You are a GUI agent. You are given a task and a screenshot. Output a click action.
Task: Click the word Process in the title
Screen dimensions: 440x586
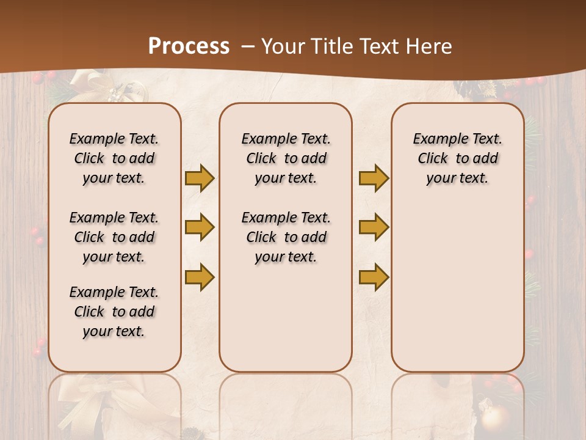click(x=189, y=46)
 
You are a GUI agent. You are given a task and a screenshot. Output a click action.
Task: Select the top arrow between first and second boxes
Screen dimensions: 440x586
click(x=199, y=178)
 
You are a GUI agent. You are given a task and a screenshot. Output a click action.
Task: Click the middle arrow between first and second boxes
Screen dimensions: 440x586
click(x=199, y=227)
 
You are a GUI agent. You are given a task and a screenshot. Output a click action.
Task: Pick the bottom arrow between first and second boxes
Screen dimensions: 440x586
click(x=199, y=277)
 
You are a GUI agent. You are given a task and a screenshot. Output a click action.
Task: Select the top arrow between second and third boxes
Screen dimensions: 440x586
click(x=374, y=178)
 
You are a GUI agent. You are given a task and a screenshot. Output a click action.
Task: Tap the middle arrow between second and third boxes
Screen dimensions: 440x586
click(x=374, y=227)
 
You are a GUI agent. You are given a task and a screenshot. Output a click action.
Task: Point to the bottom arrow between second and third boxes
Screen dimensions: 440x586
click(x=374, y=277)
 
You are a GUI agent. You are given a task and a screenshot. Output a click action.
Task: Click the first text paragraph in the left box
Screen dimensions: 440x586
click(x=114, y=158)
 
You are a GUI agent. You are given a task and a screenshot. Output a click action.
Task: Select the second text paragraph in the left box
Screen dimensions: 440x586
click(x=114, y=237)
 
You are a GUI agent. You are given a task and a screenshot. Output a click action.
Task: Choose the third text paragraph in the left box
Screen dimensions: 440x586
click(x=114, y=312)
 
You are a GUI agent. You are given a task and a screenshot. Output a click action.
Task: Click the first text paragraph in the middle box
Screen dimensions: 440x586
click(x=286, y=158)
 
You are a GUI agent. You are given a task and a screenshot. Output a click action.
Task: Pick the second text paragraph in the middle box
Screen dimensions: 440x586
click(x=286, y=237)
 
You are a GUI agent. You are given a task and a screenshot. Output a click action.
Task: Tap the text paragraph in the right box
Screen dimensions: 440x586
click(x=457, y=158)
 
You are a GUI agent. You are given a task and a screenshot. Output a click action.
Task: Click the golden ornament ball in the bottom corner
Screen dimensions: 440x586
click(x=494, y=418)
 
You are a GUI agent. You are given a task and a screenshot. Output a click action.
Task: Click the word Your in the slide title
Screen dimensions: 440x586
click(x=281, y=46)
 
